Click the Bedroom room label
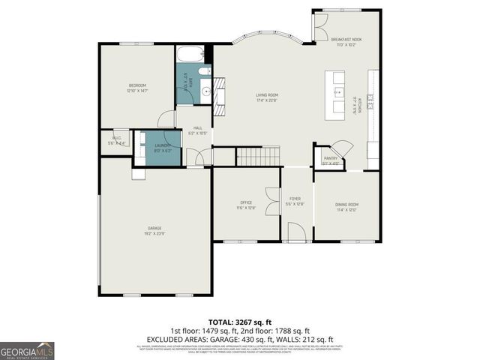click(x=136, y=86)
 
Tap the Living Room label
click(x=267, y=95)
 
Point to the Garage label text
click(x=154, y=228)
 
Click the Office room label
click(x=247, y=202)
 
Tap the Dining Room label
click(x=346, y=205)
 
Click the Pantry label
click(x=331, y=159)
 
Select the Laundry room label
click(x=163, y=145)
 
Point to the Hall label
click(x=198, y=128)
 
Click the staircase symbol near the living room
click(x=258, y=156)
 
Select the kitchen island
click(x=334, y=94)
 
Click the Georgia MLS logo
click(x=27, y=350)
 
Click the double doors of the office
click(x=272, y=193)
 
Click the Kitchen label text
click(x=361, y=104)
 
